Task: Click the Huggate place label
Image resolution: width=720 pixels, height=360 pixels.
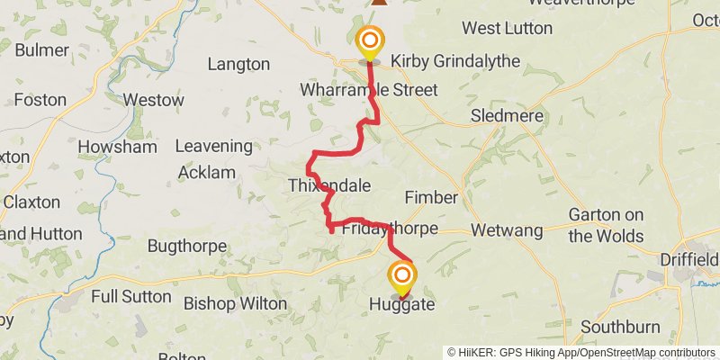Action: point(401,306)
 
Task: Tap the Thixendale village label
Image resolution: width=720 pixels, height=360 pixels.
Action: point(329,186)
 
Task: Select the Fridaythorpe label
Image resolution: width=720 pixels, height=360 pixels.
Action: point(390,229)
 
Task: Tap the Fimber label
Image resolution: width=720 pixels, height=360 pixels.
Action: point(431,197)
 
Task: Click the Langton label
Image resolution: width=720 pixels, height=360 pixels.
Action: point(238,64)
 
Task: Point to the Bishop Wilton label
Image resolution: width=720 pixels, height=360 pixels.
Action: point(235,303)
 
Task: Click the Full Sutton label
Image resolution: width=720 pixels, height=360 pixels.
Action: point(130,295)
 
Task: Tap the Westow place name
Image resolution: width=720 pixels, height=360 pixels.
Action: point(153,100)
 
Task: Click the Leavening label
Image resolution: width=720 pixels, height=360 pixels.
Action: point(213,146)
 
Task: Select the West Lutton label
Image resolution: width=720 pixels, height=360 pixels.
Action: point(507,28)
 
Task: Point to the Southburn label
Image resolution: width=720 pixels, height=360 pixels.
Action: point(620,326)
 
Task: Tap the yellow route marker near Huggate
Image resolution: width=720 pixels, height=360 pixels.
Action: point(401,274)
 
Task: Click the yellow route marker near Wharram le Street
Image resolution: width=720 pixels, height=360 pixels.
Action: point(369,40)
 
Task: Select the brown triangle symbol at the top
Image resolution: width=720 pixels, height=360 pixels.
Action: point(380,3)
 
